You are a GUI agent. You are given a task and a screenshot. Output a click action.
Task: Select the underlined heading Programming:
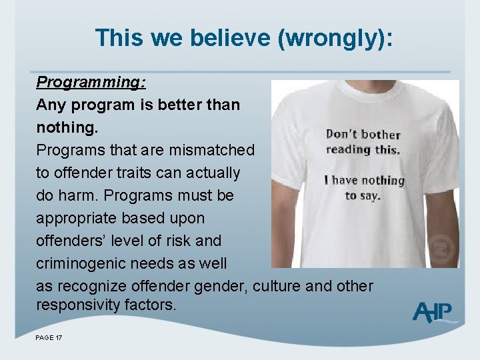(91, 82)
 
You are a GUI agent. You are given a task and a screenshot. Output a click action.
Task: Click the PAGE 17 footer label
(49, 339)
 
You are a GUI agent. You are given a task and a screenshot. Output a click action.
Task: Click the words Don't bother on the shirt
(363, 135)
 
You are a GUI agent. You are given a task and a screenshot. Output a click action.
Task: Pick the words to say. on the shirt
(363, 195)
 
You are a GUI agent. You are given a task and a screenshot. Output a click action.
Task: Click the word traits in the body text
(158, 173)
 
